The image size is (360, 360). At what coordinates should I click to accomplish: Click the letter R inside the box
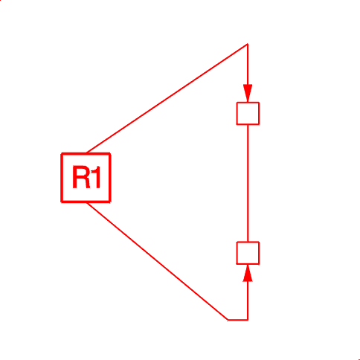[81, 177]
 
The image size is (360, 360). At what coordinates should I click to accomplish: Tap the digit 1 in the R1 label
[97, 177]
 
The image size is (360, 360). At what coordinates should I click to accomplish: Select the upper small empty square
[248, 113]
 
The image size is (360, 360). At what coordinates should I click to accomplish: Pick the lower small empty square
[248, 253]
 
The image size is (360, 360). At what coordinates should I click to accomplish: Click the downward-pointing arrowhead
[248, 93]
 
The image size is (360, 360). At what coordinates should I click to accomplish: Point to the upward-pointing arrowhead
[248, 273]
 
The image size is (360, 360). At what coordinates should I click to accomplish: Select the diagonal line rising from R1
[167, 98]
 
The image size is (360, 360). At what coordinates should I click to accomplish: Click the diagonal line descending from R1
[157, 261]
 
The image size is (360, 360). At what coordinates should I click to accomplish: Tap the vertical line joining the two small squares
[248, 183]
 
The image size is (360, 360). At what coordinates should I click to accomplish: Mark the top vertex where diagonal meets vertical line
[248, 44]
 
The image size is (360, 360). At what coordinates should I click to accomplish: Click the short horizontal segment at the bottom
[238, 320]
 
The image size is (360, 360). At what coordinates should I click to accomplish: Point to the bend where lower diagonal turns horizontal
[228, 320]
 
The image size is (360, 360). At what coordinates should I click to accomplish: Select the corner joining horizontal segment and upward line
[248, 320]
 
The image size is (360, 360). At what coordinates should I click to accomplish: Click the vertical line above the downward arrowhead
[248, 65]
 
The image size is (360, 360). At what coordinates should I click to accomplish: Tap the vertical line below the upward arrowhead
[248, 300]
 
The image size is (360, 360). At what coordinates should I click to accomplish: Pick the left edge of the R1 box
[62, 178]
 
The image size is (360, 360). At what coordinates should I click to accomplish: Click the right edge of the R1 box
[110, 178]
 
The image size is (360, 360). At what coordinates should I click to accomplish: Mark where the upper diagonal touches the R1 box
[87, 153]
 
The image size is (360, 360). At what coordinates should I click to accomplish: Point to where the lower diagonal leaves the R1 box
[87, 202]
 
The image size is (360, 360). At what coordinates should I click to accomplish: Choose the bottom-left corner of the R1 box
[62, 202]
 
